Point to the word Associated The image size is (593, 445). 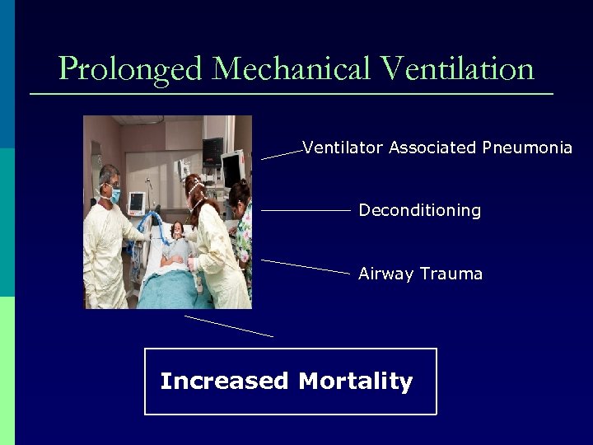click(432, 148)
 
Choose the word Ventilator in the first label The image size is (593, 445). click(343, 148)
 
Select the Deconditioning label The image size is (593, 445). click(419, 211)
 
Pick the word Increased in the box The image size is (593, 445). click(224, 382)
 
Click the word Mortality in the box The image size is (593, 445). click(355, 382)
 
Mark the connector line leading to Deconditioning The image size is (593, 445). click(306, 211)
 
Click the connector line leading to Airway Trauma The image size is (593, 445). click(306, 266)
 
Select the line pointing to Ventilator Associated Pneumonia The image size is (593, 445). click(282, 154)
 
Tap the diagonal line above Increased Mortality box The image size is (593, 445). click(229, 326)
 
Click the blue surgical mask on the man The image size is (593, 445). click(114, 196)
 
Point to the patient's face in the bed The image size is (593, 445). click(175, 230)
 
